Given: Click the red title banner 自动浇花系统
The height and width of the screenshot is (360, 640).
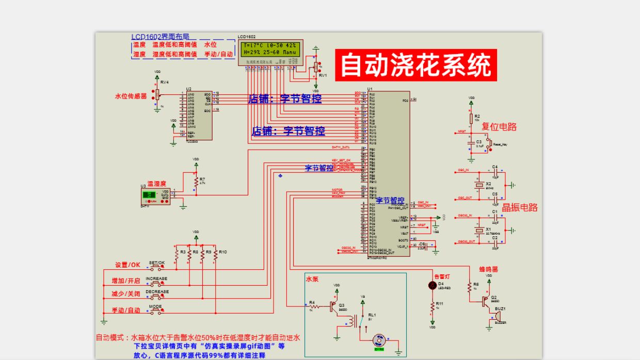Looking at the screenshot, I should (x=415, y=65).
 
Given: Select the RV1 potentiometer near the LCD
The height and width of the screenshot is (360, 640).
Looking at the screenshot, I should (x=315, y=68).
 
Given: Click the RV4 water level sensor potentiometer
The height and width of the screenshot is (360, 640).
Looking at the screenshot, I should (x=157, y=93).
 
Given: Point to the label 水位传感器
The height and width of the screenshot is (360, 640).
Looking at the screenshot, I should (x=131, y=96).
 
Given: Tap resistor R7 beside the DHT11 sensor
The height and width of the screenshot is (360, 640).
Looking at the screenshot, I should (x=196, y=182).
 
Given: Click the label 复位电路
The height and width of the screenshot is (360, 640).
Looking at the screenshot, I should (x=499, y=126).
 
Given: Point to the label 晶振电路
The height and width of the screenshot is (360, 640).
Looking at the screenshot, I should (x=520, y=207).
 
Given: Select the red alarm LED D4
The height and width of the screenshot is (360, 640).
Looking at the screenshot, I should (x=433, y=286).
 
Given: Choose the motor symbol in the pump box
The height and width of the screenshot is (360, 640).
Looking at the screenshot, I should (x=379, y=340).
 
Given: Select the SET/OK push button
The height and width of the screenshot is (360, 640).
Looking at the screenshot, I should (x=157, y=267).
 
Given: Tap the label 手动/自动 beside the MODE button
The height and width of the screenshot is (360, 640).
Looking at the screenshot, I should (x=126, y=310).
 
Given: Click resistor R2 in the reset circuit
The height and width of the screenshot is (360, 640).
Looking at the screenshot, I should (x=471, y=119).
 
